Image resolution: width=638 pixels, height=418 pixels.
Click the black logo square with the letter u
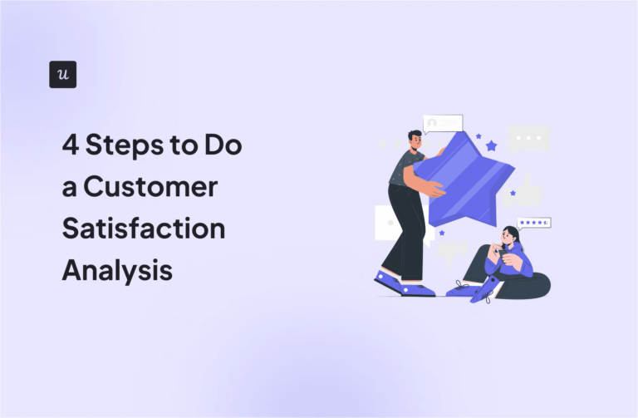tap(63, 74)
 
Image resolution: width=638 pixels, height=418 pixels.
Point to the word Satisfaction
tap(143, 229)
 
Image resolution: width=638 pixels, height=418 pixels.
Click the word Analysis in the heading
tap(117, 270)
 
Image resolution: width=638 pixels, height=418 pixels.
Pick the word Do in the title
tap(223, 145)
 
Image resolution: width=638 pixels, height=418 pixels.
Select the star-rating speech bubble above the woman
tap(533, 223)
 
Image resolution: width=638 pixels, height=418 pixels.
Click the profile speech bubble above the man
tap(442, 124)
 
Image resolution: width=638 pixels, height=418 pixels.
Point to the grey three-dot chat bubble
tap(528, 138)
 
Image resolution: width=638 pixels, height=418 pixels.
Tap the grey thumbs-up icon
tap(525, 192)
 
